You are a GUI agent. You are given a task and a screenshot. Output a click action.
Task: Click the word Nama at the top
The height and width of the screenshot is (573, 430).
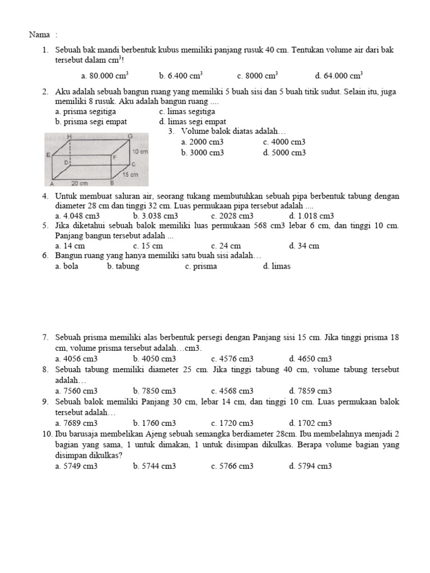38,35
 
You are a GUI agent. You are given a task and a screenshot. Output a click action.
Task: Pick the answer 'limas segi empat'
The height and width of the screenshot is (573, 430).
193,121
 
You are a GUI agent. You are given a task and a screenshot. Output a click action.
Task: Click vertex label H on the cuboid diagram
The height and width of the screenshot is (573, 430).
69,137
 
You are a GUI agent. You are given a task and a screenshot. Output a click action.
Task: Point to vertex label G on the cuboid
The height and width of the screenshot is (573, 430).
130,136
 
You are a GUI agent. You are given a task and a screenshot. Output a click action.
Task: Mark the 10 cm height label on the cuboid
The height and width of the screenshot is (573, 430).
139,152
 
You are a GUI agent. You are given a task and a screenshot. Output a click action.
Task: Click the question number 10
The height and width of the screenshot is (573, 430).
46,434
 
